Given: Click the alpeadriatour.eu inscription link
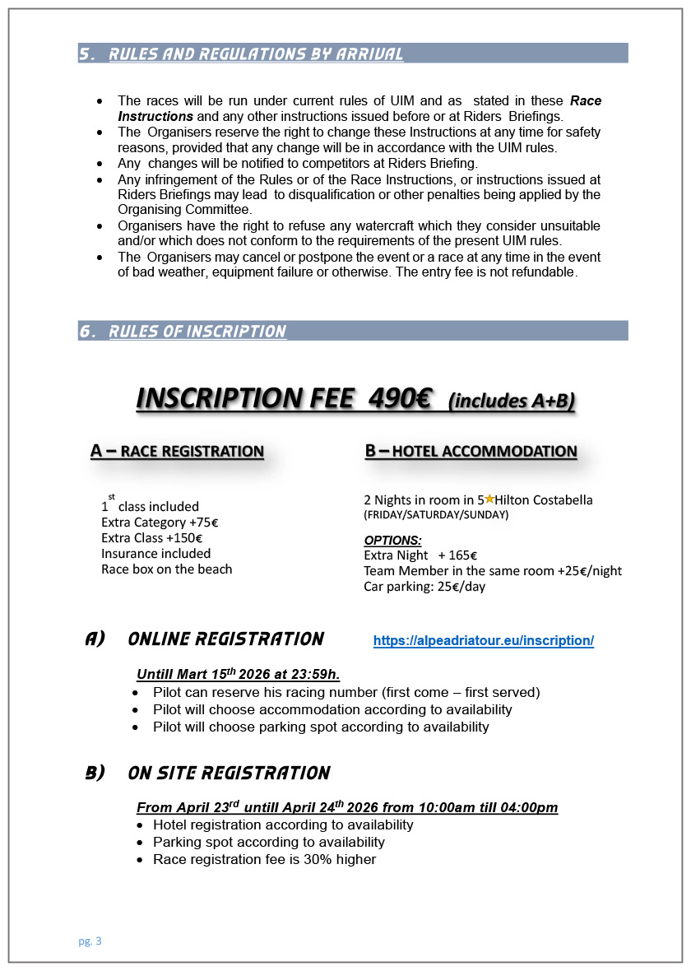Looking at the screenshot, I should click(483, 641).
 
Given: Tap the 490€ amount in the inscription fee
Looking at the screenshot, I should click(400, 398).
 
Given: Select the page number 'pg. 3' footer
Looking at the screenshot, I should click(90, 941).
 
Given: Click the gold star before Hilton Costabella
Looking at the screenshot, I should click(489, 499).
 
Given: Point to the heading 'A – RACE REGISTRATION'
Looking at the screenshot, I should click(177, 451).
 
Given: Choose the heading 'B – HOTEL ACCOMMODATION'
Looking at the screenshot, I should click(471, 451).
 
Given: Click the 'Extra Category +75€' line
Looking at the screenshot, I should click(159, 522).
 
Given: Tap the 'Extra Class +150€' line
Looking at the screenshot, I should click(151, 537).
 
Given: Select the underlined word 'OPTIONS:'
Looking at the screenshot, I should click(392, 541).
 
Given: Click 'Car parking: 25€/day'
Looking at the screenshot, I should click(424, 586).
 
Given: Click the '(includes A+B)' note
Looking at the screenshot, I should click(511, 401).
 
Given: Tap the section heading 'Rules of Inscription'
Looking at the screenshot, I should click(197, 332).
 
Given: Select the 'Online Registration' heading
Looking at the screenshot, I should click(226, 639).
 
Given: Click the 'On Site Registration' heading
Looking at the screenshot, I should click(229, 774).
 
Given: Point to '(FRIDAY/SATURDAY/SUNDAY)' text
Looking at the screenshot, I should click(436, 515).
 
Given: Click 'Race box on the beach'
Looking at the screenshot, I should click(166, 569).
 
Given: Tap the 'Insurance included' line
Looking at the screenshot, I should click(155, 553).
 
